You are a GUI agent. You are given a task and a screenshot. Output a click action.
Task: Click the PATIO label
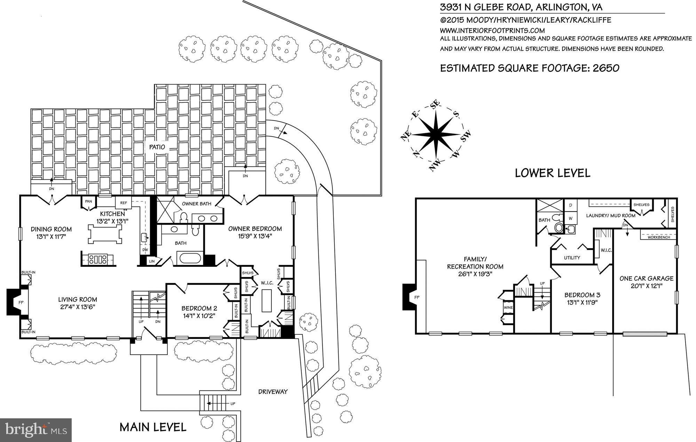pyautogui.click(x=157, y=147)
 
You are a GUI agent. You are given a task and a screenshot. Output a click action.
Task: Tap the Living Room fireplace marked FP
pyautogui.click(x=21, y=302)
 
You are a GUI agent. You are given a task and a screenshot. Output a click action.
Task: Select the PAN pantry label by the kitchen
pyautogui.click(x=88, y=201)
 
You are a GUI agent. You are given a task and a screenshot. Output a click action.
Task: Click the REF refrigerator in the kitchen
pyautogui.click(x=124, y=203)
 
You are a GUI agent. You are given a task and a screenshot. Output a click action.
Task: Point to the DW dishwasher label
pyautogui.click(x=145, y=250)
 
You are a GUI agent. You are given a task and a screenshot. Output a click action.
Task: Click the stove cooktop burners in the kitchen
pyautogui.click(x=98, y=259)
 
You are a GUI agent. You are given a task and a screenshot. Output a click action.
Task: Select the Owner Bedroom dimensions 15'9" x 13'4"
pyautogui.click(x=255, y=236)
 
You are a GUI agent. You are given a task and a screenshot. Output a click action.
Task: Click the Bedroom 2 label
pyautogui.click(x=199, y=308)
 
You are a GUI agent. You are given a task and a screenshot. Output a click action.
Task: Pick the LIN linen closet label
pyautogui.click(x=152, y=261)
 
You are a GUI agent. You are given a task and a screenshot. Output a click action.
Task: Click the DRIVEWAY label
pyautogui.click(x=273, y=391)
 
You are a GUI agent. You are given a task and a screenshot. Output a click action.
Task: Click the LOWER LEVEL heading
pyautogui.click(x=552, y=173)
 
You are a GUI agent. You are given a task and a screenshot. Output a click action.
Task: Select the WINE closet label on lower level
pyautogui.click(x=508, y=308)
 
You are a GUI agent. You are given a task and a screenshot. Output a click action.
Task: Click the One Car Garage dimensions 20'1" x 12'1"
pyautogui.click(x=646, y=286)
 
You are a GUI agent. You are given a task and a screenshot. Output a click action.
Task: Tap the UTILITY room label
pyautogui.click(x=572, y=258)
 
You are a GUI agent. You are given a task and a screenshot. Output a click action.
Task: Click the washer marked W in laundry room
pyautogui.click(x=570, y=218)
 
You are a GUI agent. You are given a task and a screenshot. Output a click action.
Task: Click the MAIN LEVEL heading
pyautogui.click(x=153, y=427)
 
